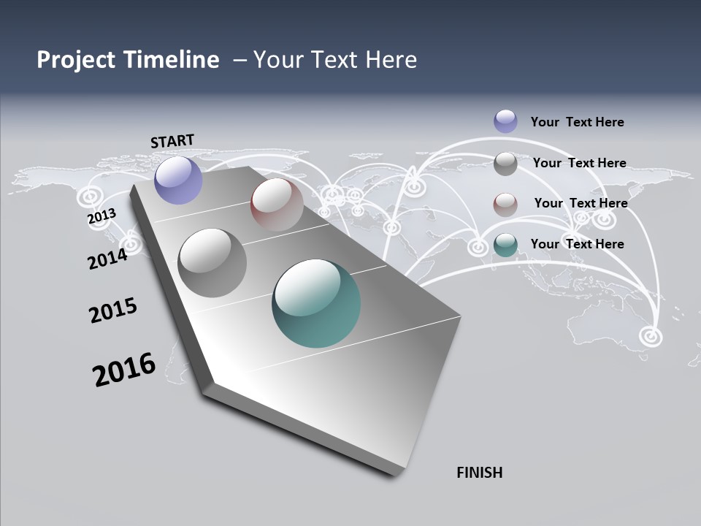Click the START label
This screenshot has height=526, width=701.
click(x=172, y=140)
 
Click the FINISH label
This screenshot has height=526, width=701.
click(x=479, y=473)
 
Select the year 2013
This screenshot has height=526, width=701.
click(x=101, y=216)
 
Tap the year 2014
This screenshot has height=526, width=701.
click(x=107, y=258)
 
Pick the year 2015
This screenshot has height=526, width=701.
click(x=113, y=310)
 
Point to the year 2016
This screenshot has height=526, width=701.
click(x=124, y=370)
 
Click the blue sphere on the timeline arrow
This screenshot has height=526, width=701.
click(x=179, y=180)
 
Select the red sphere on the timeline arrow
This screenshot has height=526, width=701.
click(x=277, y=205)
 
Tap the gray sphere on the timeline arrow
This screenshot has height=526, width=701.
click(x=212, y=262)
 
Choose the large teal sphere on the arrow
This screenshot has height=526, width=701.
click(x=316, y=303)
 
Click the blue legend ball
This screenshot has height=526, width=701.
click(x=505, y=121)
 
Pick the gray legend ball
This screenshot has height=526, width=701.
click(x=505, y=164)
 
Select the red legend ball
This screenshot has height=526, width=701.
click(x=505, y=205)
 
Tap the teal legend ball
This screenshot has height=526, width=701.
click(x=505, y=245)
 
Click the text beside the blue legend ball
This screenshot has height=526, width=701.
click(x=577, y=122)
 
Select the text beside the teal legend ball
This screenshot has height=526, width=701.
click(x=577, y=244)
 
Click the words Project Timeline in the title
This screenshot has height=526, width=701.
click(x=128, y=60)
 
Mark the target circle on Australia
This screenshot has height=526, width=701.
click(x=649, y=336)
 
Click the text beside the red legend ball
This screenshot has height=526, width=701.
click(x=581, y=203)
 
